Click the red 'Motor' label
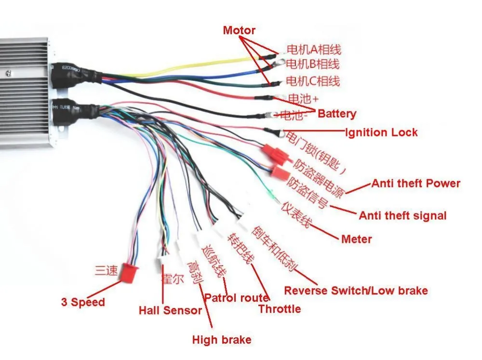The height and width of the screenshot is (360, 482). [x=239, y=30]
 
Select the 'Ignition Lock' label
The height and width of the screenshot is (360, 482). [x=381, y=132]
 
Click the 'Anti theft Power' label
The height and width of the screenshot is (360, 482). [x=415, y=183]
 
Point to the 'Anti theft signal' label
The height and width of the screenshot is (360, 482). [x=402, y=215]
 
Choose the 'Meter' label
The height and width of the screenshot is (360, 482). [x=356, y=239]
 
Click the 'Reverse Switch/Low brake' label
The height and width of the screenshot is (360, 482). [x=356, y=291]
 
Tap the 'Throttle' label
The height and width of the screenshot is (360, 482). [x=280, y=308]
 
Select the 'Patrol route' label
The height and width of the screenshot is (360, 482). [x=236, y=298]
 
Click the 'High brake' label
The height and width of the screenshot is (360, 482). [x=222, y=340]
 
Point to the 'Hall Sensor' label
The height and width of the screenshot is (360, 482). [x=170, y=310]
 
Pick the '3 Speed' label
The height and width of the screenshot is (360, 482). [x=83, y=303]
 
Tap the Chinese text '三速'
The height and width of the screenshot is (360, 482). [x=106, y=271]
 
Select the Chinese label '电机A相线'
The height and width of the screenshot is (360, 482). [x=314, y=49]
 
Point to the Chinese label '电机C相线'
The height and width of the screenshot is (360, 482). [x=313, y=80]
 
